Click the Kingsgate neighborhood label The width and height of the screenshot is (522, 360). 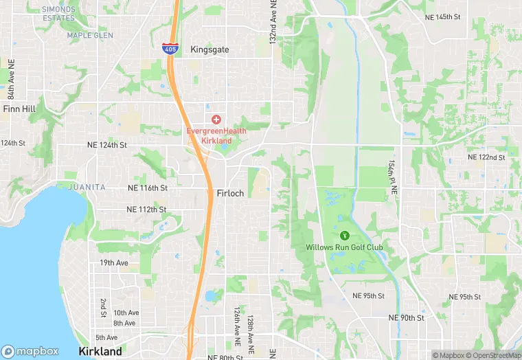click(209, 50)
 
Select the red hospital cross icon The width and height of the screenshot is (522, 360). click(216, 120)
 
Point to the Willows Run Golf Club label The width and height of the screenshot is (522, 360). click(344, 247)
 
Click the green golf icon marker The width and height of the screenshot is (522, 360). click(344, 236)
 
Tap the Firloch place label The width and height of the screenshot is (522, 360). click(230, 193)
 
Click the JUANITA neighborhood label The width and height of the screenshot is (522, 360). click(87, 187)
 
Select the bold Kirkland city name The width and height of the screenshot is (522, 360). click(100, 351)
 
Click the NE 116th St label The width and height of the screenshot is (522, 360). click(147, 188)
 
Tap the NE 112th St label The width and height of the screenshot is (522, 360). click(146, 210)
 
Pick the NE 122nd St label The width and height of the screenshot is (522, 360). click(486, 157)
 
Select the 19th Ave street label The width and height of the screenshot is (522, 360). click(115, 263)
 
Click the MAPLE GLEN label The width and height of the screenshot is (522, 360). click(86, 35)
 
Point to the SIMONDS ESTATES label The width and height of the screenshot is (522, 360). click(58, 14)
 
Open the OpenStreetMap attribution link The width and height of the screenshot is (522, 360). click(493, 355)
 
